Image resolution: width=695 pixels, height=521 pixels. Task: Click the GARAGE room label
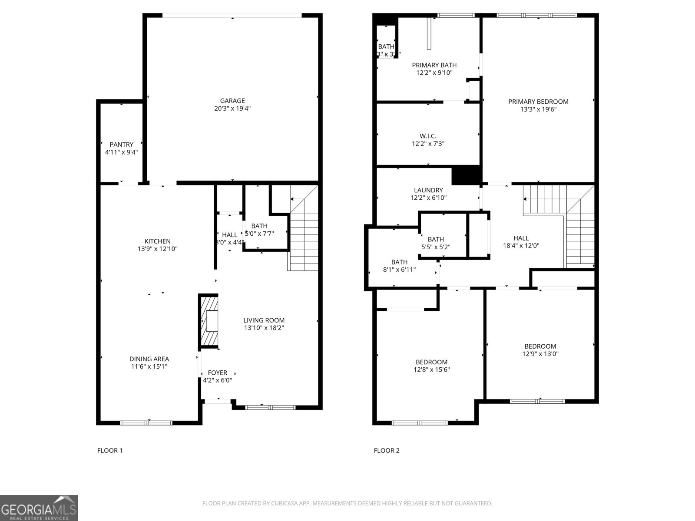pyautogui.click(x=232, y=101)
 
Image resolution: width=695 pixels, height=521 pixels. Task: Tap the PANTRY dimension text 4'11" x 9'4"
pyautogui.click(x=121, y=152)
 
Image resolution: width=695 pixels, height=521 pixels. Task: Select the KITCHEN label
pyautogui.click(x=157, y=241)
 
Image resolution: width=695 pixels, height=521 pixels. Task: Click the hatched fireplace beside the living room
pyautogui.click(x=209, y=321)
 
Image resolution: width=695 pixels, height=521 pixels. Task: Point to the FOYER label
pyautogui.click(x=217, y=373)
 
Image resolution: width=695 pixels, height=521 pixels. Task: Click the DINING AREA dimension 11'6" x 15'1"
pyautogui.click(x=149, y=366)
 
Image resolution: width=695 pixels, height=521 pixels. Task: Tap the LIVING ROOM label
pyautogui.click(x=264, y=320)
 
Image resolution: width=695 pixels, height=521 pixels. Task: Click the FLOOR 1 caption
pyautogui.click(x=109, y=451)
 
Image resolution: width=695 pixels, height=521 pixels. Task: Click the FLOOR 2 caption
pyautogui.click(x=386, y=451)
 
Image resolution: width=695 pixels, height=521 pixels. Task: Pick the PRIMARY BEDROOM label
pyautogui.click(x=538, y=102)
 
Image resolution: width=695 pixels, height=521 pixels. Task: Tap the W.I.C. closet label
pyautogui.click(x=428, y=136)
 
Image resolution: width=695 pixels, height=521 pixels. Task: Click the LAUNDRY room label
pyautogui.click(x=428, y=190)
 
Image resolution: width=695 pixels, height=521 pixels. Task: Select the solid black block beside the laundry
pyautogui.click(x=466, y=175)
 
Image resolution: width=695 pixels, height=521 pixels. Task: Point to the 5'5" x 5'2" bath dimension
pyautogui.click(x=436, y=247)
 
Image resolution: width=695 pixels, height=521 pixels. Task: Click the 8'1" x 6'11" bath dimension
pyautogui.click(x=399, y=270)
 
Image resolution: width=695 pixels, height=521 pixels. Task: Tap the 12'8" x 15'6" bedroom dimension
pyautogui.click(x=431, y=370)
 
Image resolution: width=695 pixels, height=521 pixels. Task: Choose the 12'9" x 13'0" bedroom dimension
pyautogui.click(x=540, y=354)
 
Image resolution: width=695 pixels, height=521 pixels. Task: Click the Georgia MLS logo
pyautogui.click(x=39, y=508)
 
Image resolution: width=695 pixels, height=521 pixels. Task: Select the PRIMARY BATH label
pyautogui.click(x=434, y=65)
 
